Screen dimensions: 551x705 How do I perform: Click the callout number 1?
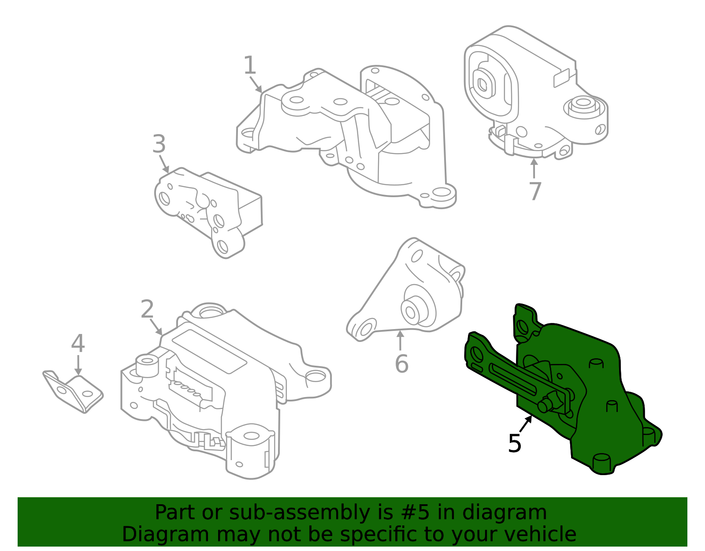coord(250,66)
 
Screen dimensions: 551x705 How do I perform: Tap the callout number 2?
coord(147,310)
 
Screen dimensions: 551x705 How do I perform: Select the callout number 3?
coord(159,144)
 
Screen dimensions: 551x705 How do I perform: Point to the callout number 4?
coord(78,344)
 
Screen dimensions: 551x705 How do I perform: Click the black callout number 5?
coord(515,443)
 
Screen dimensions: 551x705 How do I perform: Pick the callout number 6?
coord(401,364)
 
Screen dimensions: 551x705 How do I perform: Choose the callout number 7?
coord(534,191)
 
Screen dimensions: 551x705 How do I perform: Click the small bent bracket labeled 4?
coord(73,391)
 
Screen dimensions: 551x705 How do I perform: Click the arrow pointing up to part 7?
coord(534,168)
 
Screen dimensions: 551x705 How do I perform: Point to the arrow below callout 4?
coord(78,366)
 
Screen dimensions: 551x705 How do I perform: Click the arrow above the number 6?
coord(400,340)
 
